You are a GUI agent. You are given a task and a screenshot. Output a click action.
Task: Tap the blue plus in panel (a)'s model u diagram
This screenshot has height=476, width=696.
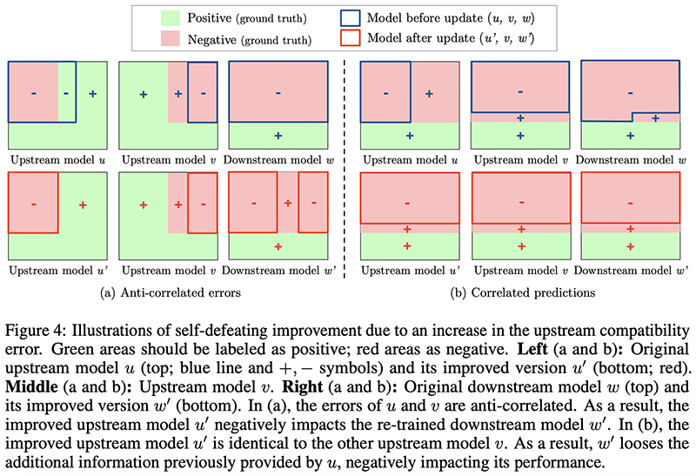tap(92, 92)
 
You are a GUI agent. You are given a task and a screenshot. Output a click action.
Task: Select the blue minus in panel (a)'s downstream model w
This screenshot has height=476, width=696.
tap(278, 92)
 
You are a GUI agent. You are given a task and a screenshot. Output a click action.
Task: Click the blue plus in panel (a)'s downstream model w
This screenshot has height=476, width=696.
tap(278, 136)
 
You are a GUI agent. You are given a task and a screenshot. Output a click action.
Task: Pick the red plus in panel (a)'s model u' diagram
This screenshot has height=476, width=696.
tap(83, 204)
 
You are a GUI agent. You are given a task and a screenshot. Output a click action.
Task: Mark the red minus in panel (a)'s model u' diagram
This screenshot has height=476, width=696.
tap(33, 204)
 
